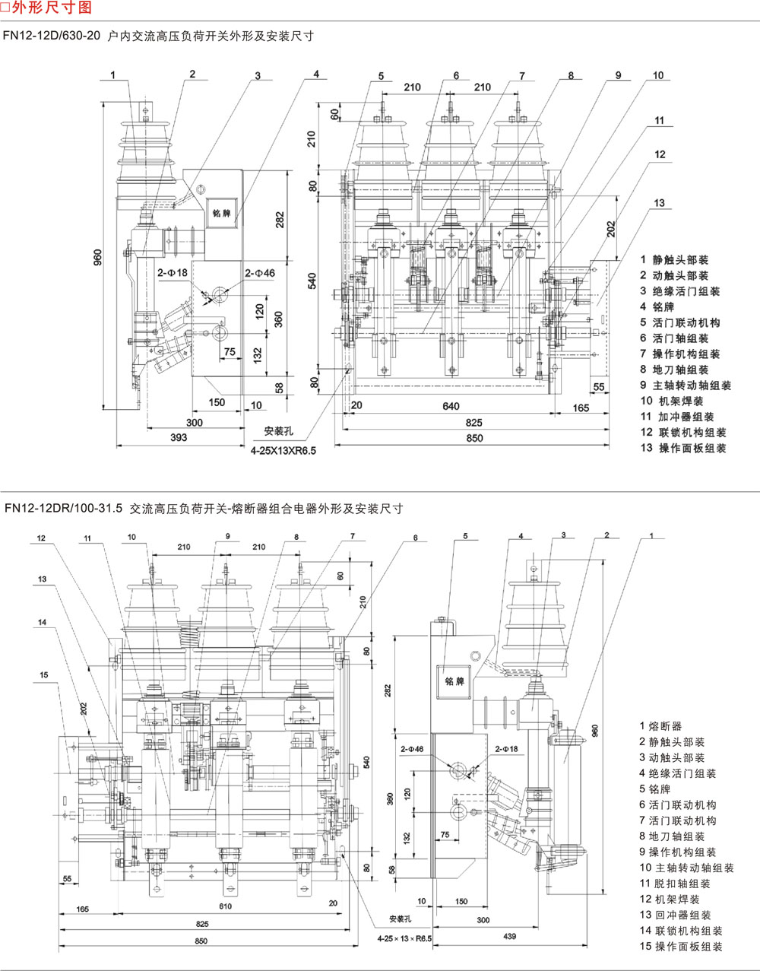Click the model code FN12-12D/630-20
(x=51, y=36)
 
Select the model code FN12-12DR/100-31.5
(x=62, y=509)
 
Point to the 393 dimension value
(x=178, y=438)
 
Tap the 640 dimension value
(x=451, y=406)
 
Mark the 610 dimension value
(x=225, y=906)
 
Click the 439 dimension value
(x=508, y=936)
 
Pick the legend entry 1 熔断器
(x=660, y=726)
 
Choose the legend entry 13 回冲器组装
(x=675, y=915)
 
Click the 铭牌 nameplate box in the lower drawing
(x=454, y=681)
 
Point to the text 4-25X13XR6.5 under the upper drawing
(x=283, y=450)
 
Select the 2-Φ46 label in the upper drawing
(x=260, y=273)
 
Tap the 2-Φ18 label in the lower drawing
(x=506, y=749)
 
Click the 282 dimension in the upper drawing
(x=280, y=220)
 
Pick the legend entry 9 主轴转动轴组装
(x=686, y=386)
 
